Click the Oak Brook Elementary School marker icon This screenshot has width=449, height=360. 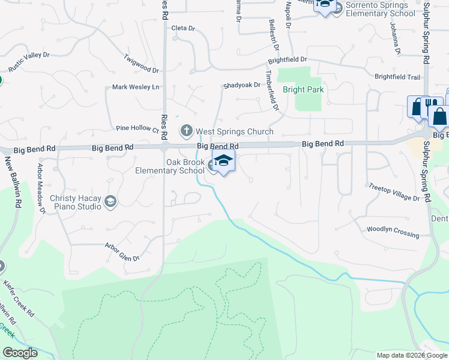coord(223,161)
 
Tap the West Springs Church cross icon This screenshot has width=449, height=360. coord(186,130)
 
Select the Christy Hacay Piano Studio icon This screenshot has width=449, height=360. coord(110,202)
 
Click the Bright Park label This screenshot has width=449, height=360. coord(303,90)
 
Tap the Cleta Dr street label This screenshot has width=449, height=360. coord(184,28)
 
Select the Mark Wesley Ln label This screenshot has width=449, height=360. coord(136,88)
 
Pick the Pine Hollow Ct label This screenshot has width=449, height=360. coord(137,128)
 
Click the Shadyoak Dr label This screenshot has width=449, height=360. coord(242,85)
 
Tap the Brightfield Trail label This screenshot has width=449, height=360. coord(397,77)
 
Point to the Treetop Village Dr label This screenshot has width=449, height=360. coord(394,192)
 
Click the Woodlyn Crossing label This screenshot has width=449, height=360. coord(393,231)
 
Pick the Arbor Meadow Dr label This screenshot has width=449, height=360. coord(42,188)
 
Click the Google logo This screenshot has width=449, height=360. coord(20,353)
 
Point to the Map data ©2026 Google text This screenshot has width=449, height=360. coord(411,355)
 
